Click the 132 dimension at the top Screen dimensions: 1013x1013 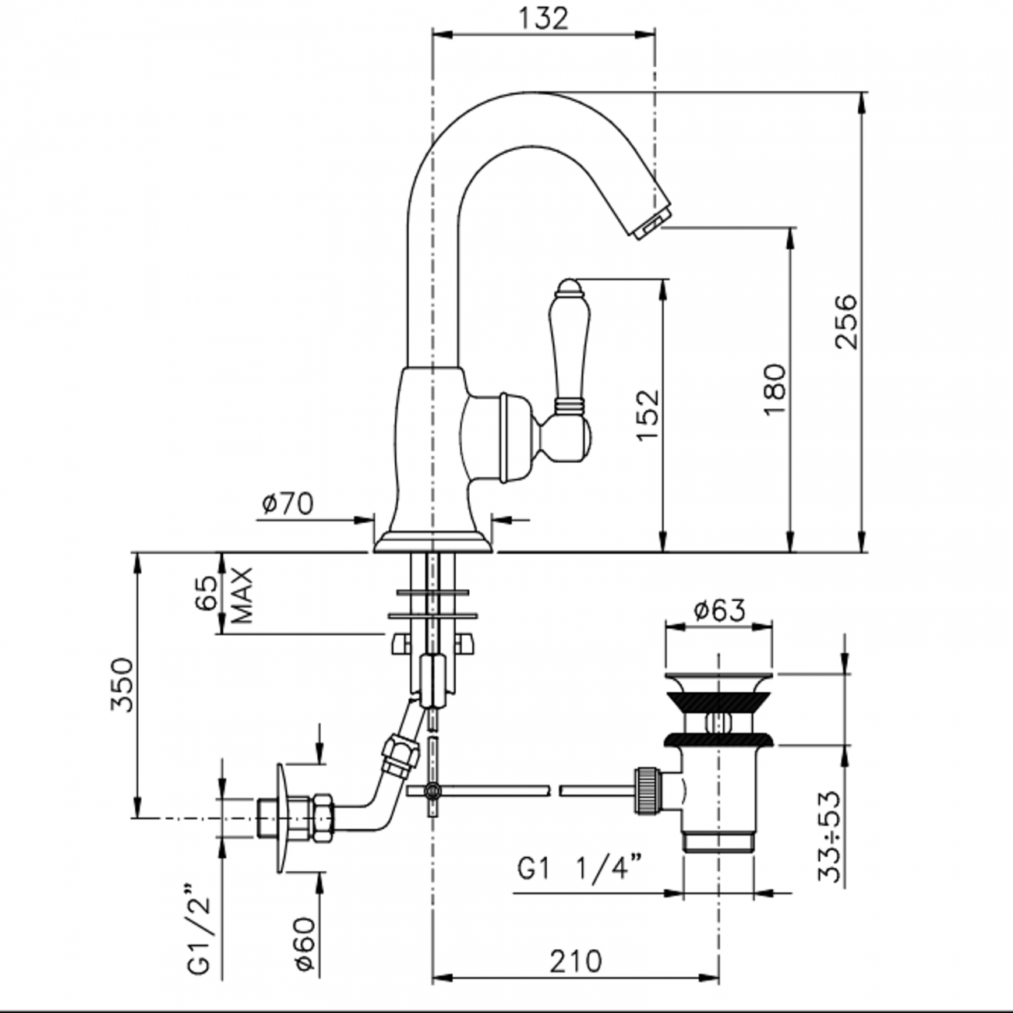(x=544, y=18)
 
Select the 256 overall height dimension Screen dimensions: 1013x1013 (x=845, y=321)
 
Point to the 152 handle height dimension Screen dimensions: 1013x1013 (x=648, y=415)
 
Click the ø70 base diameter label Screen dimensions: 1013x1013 (x=288, y=504)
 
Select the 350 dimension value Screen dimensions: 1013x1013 (x=122, y=684)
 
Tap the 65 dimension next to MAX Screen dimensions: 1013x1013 (x=206, y=595)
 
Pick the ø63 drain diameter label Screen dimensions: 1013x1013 (x=718, y=609)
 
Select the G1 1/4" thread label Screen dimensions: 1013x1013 (x=581, y=867)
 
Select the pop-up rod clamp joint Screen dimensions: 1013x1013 (x=432, y=791)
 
